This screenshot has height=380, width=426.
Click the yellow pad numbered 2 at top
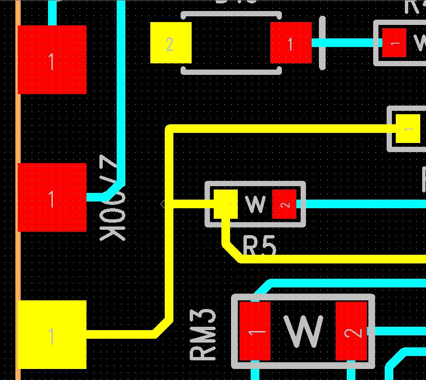[x=170, y=43]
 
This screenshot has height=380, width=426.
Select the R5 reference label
[x=260, y=247]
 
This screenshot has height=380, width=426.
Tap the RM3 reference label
[x=203, y=334]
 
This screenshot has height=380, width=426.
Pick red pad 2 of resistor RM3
[x=351, y=331]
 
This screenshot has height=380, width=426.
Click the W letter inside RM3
[x=304, y=331]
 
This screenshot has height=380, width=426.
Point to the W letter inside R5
[x=255, y=204]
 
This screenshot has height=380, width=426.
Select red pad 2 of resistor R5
[x=284, y=204]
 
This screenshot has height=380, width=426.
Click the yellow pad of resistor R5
[x=225, y=204]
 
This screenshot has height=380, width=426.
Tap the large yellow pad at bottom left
[x=52, y=334]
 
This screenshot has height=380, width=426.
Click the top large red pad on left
[x=52, y=59]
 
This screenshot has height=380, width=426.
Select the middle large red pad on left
[x=52, y=197]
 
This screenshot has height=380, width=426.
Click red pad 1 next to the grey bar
[x=291, y=43]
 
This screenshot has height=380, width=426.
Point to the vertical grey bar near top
[x=322, y=43]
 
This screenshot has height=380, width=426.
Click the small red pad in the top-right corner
[x=394, y=43]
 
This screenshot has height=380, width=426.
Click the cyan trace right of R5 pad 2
[x=365, y=204]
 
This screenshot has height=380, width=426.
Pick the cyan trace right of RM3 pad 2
[x=399, y=331]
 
